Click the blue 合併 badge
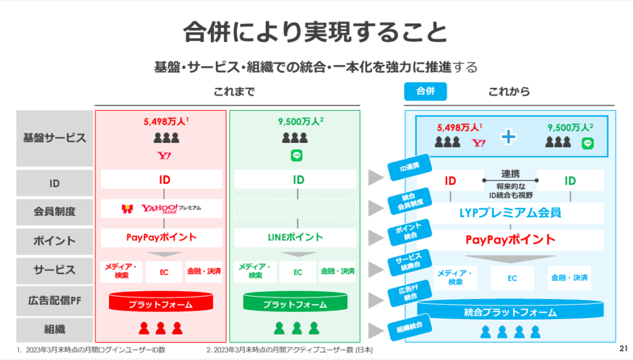coord(425,92)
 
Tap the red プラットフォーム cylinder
coord(160,303)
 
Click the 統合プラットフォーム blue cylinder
coord(510,312)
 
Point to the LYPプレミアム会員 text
coord(511,213)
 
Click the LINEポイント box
coord(295,237)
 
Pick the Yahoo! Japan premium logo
coord(161,208)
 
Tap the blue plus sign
coord(508,137)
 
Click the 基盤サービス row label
coord(54,138)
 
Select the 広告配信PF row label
coord(54,300)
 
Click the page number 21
coord(622,348)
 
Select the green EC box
coord(297,272)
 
